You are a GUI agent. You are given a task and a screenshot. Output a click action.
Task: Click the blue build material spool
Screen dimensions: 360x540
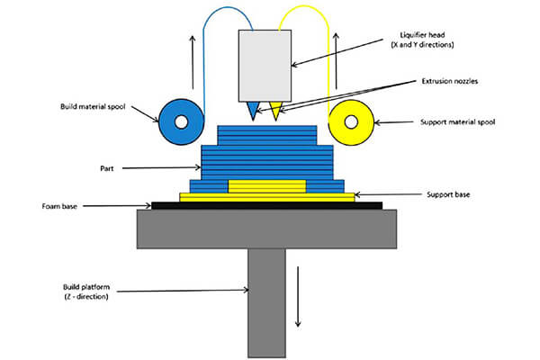click(x=167, y=120)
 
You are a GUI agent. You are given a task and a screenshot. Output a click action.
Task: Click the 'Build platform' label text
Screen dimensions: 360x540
click(x=86, y=292)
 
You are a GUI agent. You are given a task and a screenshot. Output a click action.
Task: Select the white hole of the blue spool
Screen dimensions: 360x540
click(x=180, y=121)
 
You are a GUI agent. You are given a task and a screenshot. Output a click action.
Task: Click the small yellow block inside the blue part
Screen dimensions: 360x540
click(x=266, y=186)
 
